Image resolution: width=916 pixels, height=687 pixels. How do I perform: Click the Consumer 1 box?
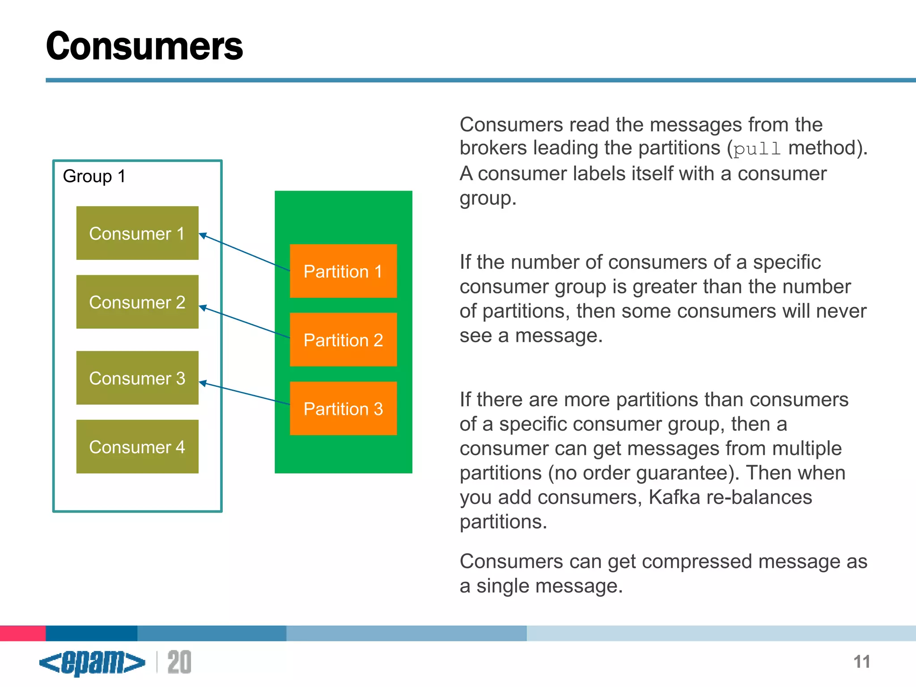pyautogui.click(x=137, y=233)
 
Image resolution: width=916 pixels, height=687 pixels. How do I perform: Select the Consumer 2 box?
pyautogui.click(x=137, y=302)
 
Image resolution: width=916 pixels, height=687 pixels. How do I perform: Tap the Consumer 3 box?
pyautogui.click(x=137, y=378)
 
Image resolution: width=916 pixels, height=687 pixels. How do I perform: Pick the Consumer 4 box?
pyautogui.click(x=137, y=446)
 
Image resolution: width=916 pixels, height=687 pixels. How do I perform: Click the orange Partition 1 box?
pyautogui.click(x=343, y=271)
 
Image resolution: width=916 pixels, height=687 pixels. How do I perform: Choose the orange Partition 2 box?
pyautogui.click(x=343, y=340)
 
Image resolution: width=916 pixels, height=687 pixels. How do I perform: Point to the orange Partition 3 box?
pyautogui.click(x=343, y=408)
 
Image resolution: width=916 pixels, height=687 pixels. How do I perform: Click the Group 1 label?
pyautogui.click(x=94, y=176)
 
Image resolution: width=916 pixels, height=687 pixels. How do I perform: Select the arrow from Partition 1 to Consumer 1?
pyautogui.click(x=244, y=252)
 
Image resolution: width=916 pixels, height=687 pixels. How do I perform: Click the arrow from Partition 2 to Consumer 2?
pyautogui.click(x=244, y=321)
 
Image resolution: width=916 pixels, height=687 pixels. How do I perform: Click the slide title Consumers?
pyautogui.click(x=144, y=46)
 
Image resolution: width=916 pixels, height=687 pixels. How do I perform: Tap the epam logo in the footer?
pyautogui.click(x=92, y=662)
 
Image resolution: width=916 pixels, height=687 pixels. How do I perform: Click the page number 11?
pyautogui.click(x=861, y=662)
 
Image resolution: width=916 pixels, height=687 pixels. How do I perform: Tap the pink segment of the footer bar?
pyautogui.click(x=23, y=633)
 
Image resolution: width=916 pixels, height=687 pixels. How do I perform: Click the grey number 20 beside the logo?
pyautogui.click(x=179, y=662)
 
